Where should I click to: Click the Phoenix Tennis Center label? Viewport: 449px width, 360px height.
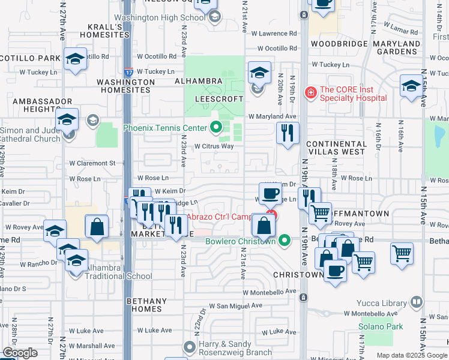(x=165, y=127)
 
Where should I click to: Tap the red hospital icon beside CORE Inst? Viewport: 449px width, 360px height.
(x=310, y=92)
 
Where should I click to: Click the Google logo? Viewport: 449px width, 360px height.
(x=20, y=353)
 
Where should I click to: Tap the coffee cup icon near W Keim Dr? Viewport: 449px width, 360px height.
(x=270, y=193)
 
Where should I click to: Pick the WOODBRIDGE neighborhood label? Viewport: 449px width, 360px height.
(x=336, y=44)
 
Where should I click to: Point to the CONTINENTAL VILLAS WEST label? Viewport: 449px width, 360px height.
(x=336, y=148)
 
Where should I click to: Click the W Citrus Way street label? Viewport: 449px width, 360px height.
(x=213, y=146)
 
